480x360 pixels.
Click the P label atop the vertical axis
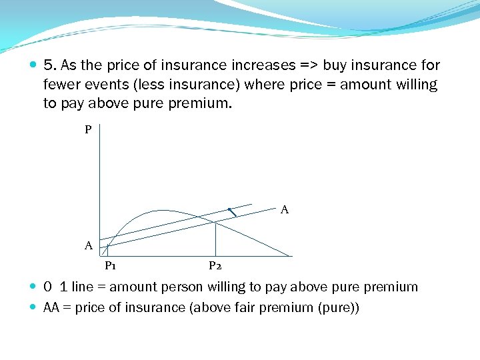click(88, 130)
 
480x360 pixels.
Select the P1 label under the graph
click(111, 266)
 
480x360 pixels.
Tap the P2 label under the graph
click(215, 266)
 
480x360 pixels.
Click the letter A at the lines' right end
click(285, 210)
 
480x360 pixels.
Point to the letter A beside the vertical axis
click(88, 246)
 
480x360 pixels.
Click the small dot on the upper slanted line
click(229, 209)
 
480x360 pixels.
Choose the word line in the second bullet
click(83, 287)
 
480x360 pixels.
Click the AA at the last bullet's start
click(51, 307)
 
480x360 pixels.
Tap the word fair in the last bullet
click(256, 307)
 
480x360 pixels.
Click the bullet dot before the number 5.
click(34, 65)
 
